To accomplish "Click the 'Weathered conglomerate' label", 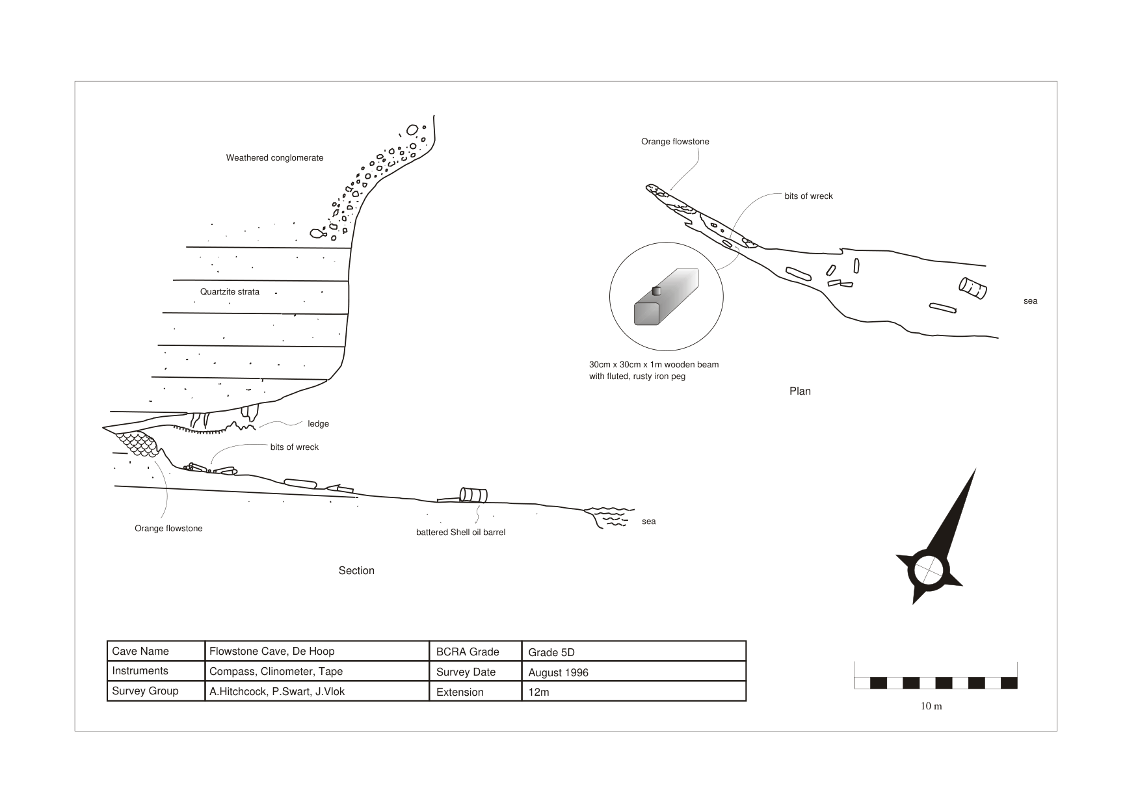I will (x=274, y=158).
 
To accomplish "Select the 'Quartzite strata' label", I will (x=230, y=292).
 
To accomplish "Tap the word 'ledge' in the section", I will (x=318, y=424).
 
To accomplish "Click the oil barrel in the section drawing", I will (x=473, y=495).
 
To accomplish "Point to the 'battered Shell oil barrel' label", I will (x=460, y=533).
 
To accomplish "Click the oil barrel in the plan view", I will (x=973, y=288).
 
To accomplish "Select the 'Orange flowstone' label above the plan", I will (x=675, y=142).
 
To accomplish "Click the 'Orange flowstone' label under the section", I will (x=168, y=529).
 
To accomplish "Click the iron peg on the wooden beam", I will (x=656, y=291).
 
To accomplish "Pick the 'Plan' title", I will (x=800, y=391).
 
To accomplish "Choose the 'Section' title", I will (x=356, y=571).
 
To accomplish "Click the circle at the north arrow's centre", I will (x=928, y=570).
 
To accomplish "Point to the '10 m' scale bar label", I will (x=931, y=706).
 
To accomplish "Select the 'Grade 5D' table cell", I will (x=551, y=653).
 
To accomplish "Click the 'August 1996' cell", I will (x=558, y=672).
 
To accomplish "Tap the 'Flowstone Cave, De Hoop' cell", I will (x=272, y=652).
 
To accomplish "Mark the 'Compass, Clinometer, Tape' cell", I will (x=276, y=672).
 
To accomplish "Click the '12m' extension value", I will (x=538, y=693).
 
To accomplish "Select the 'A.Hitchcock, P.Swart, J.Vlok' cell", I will (x=277, y=692).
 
